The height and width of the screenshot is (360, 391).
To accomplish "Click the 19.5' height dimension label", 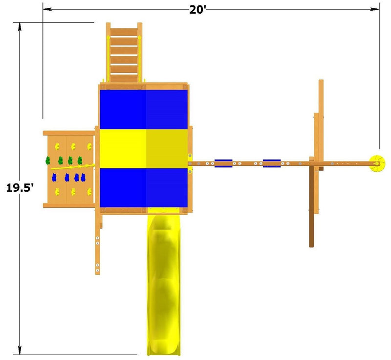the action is coord(20,188).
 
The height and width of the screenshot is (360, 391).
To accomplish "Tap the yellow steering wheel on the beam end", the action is coord(377,163).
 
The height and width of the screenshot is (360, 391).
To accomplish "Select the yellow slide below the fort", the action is coord(164,284).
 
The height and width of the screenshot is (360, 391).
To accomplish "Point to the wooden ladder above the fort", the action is coord(124,52).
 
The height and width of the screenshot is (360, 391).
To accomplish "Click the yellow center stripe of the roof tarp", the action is coord(144,149).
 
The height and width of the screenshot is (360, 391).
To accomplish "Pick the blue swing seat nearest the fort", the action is coord(223,163).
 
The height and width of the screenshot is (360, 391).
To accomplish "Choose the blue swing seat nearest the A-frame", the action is coord(272,163).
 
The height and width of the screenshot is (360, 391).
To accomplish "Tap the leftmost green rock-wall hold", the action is coord(48,160).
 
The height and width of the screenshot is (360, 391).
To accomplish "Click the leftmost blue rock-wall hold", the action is coord(54,178).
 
